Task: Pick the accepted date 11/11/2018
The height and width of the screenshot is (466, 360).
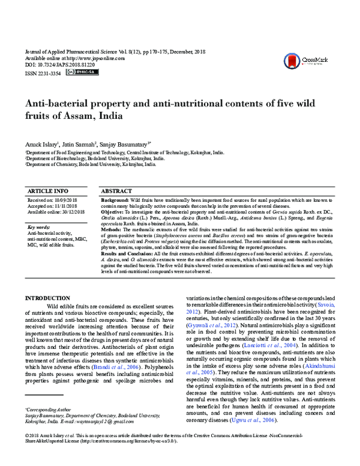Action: click(x=67, y=206)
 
